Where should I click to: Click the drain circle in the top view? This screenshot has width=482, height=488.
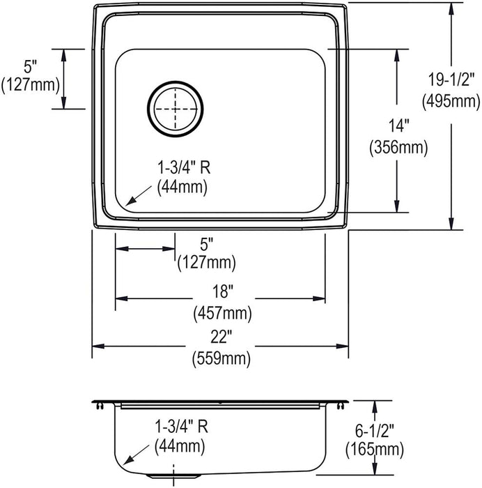(x=175, y=82)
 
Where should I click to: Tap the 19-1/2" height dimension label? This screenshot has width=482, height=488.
(x=451, y=79)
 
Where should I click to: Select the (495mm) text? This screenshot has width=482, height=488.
(x=451, y=101)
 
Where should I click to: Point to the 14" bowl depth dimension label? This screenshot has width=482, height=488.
(x=398, y=125)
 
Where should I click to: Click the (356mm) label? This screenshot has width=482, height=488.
(x=398, y=147)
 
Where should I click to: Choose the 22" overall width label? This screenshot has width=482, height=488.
(x=221, y=337)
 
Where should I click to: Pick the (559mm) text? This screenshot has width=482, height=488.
(x=221, y=358)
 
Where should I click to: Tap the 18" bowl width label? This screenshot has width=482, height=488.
(x=223, y=291)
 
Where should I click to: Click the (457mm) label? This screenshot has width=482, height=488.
(x=223, y=314)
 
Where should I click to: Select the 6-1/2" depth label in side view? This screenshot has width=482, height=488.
(x=375, y=432)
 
